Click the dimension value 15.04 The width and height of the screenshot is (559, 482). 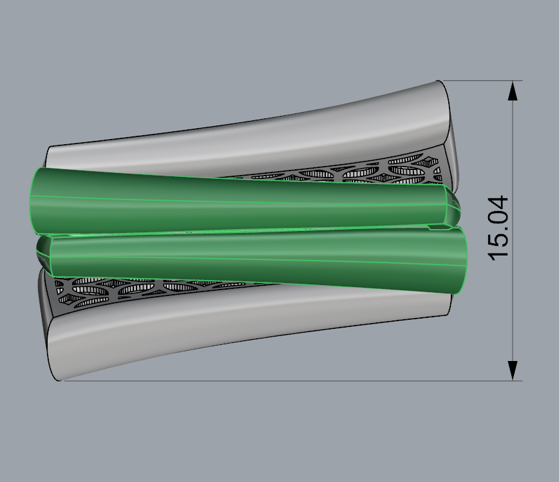click(500, 228)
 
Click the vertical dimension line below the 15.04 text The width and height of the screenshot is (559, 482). click(513, 309)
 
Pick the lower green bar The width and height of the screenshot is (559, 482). click(258, 257)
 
